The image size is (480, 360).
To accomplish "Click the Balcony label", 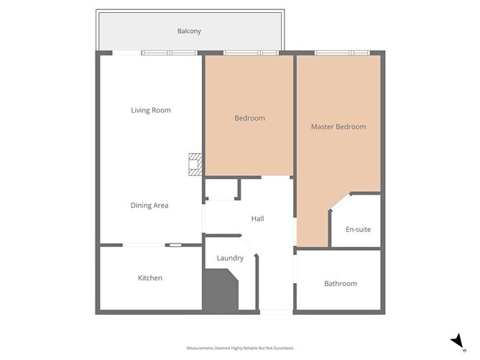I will point(189,31).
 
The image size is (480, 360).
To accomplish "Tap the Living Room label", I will point(151,110).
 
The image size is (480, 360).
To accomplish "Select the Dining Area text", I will point(149,206).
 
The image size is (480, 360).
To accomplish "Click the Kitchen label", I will point(150,278).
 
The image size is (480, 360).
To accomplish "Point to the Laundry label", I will point(230,258).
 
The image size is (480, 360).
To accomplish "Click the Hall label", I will point(257,218).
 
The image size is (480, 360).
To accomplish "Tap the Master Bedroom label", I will point(338,126).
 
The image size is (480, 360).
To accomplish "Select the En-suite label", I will point(357,230).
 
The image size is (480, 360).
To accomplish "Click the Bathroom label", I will point(341,284).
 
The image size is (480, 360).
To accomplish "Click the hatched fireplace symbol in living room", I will point(195,165).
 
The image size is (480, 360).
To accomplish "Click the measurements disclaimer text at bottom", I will point(240,348).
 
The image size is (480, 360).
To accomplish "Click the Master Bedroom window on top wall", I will point(342,52).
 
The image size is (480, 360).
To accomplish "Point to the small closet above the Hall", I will point(221,190).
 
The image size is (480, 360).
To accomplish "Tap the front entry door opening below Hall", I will point(276,311).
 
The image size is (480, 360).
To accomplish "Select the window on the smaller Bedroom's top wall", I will point(250,52).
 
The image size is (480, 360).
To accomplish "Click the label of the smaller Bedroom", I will point(249,118).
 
